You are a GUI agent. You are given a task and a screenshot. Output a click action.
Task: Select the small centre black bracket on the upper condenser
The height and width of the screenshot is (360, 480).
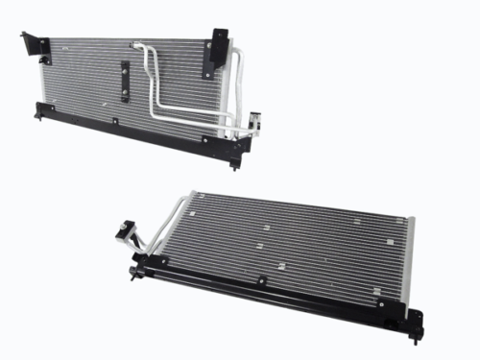coord(124,80)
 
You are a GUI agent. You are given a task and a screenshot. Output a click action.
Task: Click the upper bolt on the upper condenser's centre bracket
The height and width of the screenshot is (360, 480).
coord(124,67)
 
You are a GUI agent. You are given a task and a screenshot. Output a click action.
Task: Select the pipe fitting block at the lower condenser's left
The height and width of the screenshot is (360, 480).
coord(124,232)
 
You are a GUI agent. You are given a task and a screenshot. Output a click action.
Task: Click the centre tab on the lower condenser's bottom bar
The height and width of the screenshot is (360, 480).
coord(260,281)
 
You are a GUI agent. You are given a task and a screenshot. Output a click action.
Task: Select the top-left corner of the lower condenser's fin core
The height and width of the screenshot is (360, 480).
coord(195,196)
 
